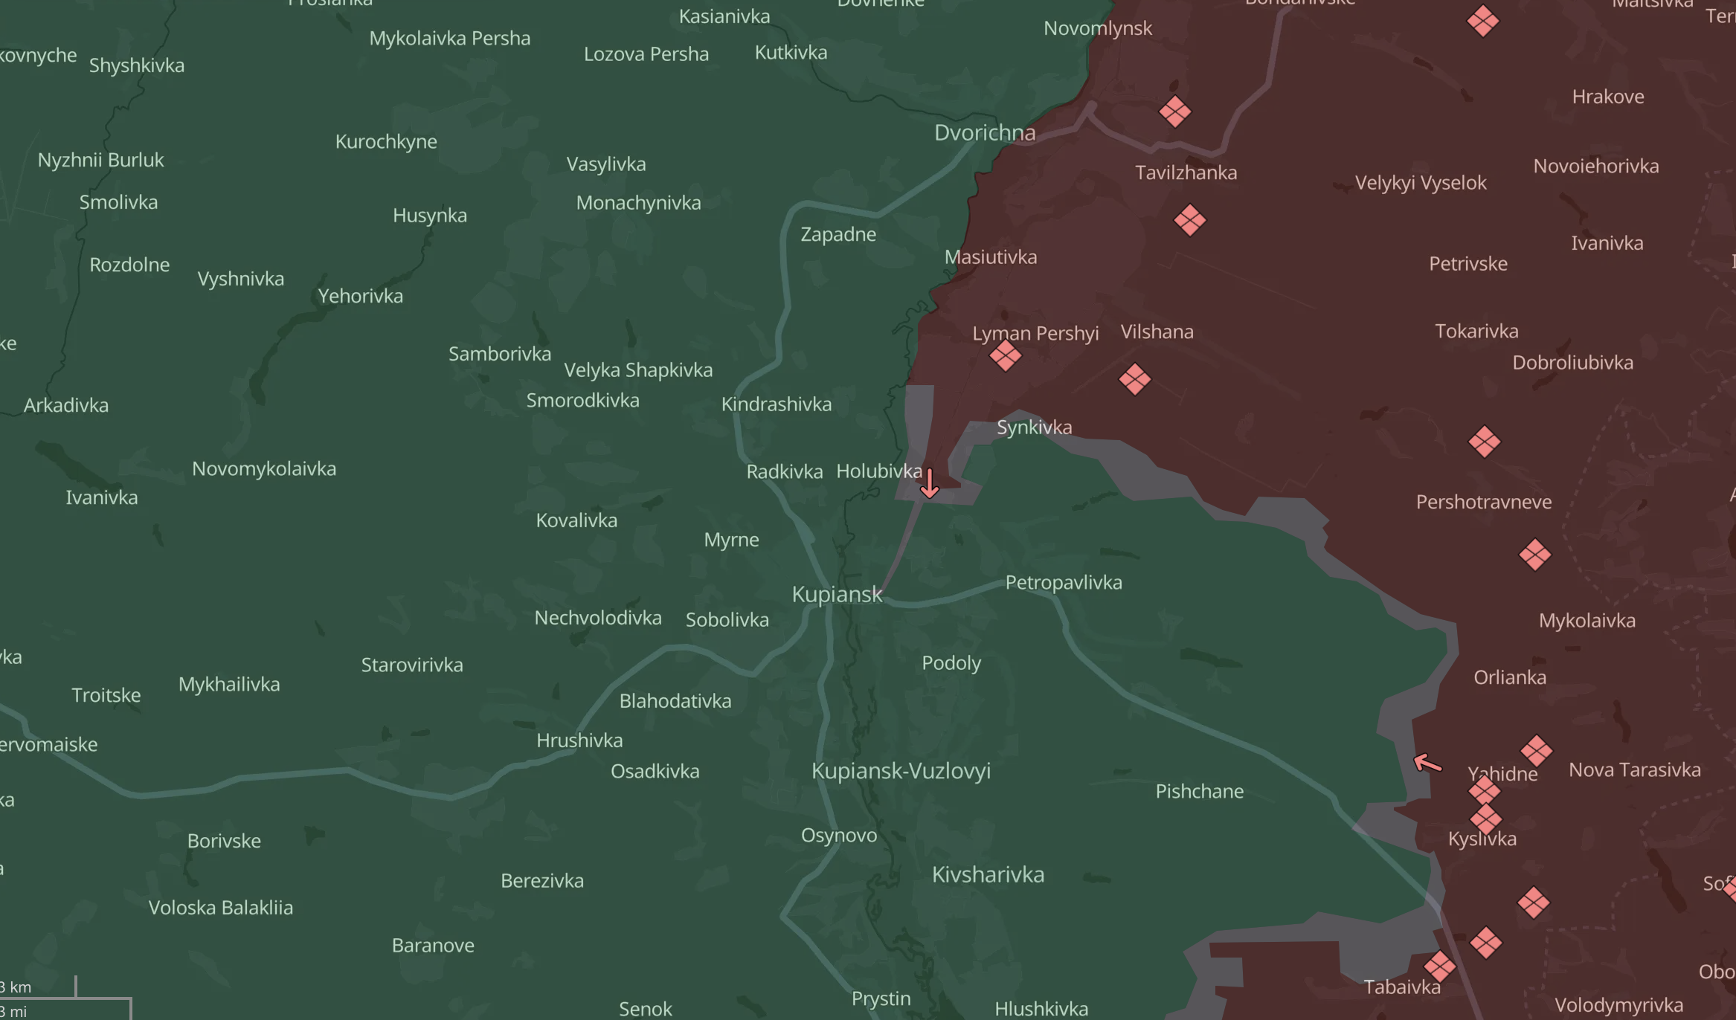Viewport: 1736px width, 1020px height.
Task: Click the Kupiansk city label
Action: pyautogui.click(x=837, y=594)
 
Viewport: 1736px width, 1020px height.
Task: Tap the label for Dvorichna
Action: pyautogui.click(x=984, y=133)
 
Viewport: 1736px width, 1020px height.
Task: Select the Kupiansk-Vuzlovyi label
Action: pyautogui.click(x=901, y=771)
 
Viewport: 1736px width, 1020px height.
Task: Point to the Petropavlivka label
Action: pyautogui.click(x=1064, y=582)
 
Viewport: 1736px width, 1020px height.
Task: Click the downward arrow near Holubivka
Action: pyautogui.click(x=930, y=483)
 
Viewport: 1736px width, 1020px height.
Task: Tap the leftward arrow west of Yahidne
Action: pyautogui.click(x=1427, y=763)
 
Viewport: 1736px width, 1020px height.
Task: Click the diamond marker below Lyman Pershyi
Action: pyautogui.click(x=1005, y=356)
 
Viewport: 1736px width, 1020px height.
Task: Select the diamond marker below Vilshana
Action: pyautogui.click(x=1134, y=380)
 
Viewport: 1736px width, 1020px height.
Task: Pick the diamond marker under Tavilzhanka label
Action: pyautogui.click(x=1189, y=220)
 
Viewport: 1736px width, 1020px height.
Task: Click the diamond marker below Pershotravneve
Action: pyautogui.click(x=1534, y=555)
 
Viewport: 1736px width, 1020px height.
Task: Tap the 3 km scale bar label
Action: pyautogui.click(x=16, y=987)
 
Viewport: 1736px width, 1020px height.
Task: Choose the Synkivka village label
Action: pyautogui.click(x=1034, y=427)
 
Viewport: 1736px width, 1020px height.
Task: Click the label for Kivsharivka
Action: pyautogui.click(x=988, y=874)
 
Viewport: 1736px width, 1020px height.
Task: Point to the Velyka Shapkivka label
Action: pyautogui.click(x=638, y=369)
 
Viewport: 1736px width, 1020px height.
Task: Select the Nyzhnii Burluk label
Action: pyautogui.click(x=100, y=160)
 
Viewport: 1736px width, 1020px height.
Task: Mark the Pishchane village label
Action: pyautogui.click(x=1199, y=791)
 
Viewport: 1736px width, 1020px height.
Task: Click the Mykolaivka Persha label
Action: pyautogui.click(x=449, y=39)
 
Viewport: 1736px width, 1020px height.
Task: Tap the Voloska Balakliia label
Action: pyautogui.click(x=221, y=908)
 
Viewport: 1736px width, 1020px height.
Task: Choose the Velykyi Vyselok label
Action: pyautogui.click(x=1420, y=183)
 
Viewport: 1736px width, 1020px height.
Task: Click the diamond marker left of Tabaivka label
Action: pyautogui.click(x=1439, y=966)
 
